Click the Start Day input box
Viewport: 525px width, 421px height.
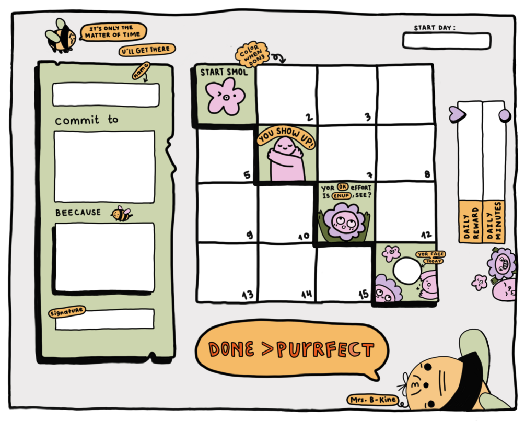point(447,41)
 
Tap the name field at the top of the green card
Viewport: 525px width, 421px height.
point(106,95)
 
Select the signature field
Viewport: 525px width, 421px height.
point(105,319)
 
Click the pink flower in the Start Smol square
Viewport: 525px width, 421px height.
point(225,97)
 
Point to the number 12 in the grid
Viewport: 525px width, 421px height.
point(426,235)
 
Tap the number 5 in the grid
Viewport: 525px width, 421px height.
point(247,174)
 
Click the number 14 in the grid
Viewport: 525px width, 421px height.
point(307,294)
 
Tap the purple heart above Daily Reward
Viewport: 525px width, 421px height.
point(458,114)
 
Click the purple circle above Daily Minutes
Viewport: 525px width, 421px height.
point(505,115)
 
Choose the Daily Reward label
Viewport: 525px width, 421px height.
point(471,221)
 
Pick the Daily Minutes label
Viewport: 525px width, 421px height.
point(494,221)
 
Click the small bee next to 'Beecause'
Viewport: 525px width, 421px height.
point(121,214)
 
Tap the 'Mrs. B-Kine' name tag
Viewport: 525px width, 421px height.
point(372,400)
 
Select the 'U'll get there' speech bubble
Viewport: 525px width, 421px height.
point(147,50)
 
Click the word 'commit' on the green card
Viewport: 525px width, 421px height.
point(77,120)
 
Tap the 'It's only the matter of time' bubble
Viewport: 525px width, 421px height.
point(113,32)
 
